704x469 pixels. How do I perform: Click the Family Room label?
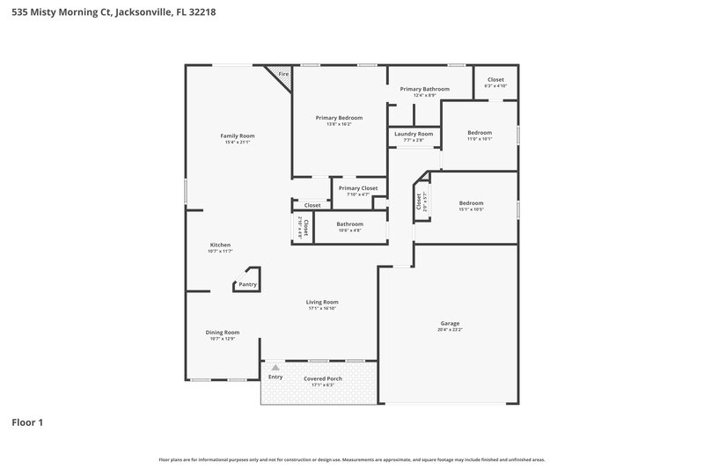pyautogui.click(x=237, y=136)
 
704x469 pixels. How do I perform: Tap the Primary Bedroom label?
pyautogui.click(x=339, y=117)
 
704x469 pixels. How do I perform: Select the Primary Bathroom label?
pyautogui.click(x=424, y=89)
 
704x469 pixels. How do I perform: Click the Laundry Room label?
pyautogui.click(x=414, y=134)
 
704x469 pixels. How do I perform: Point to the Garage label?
pyautogui.click(x=449, y=323)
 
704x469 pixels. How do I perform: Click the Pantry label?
pyautogui.click(x=247, y=284)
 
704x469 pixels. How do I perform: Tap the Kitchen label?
pyautogui.click(x=219, y=245)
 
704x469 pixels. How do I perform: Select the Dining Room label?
pyautogui.click(x=222, y=332)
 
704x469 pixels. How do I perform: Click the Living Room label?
pyautogui.click(x=323, y=302)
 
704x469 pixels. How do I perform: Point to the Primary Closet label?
pyautogui.click(x=357, y=187)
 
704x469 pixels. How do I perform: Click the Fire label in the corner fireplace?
pyautogui.click(x=283, y=75)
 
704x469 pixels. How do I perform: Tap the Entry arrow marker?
pyautogui.click(x=275, y=367)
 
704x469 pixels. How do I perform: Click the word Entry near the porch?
pyautogui.click(x=275, y=378)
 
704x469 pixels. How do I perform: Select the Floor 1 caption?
pyautogui.click(x=27, y=422)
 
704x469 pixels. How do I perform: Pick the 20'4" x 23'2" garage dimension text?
pyautogui.click(x=449, y=329)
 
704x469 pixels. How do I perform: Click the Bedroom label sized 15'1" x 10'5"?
pyautogui.click(x=471, y=203)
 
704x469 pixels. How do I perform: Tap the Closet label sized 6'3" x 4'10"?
pyautogui.click(x=495, y=79)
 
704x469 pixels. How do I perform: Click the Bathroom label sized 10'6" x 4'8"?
pyautogui.click(x=349, y=224)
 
